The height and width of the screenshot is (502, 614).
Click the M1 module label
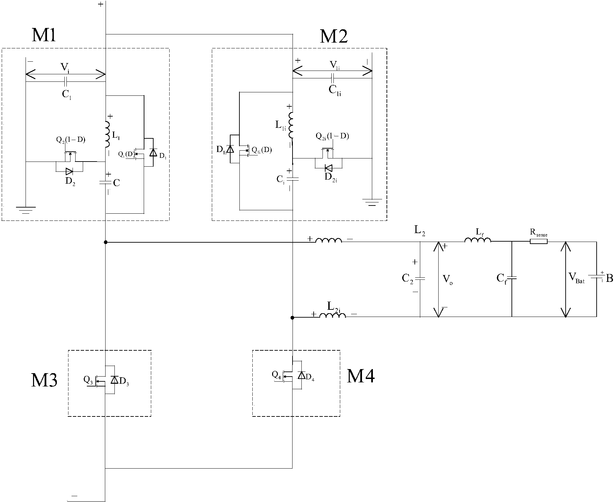click(44, 35)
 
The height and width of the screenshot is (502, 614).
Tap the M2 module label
click(334, 36)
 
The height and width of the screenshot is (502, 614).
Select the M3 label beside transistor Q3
click(44, 380)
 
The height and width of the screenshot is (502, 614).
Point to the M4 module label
click(361, 376)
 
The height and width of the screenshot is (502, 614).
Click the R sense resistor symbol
click(538, 241)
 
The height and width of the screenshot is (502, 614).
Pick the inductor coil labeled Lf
click(478, 240)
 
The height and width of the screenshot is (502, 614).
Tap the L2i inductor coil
click(332, 315)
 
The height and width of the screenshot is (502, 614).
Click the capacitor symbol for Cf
click(512, 278)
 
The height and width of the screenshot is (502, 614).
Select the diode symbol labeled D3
click(114, 380)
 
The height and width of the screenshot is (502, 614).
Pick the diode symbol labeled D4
click(301, 375)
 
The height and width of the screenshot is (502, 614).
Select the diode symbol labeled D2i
click(329, 168)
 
